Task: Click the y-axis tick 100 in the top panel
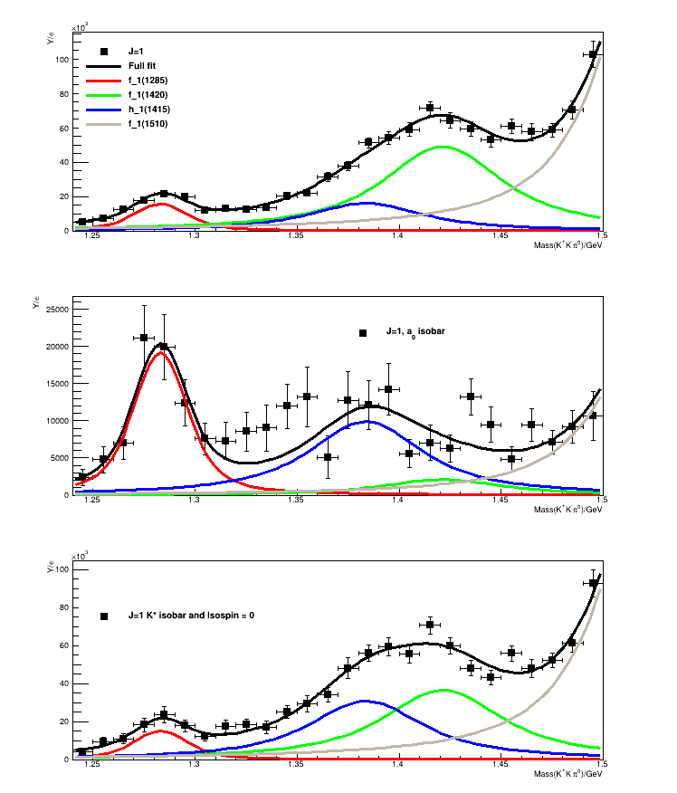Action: tap(61, 60)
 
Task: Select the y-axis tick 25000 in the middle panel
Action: tap(56, 310)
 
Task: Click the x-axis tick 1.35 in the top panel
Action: tap(295, 237)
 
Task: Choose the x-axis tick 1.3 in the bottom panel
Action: tap(194, 766)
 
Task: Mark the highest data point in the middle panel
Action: tap(144, 338)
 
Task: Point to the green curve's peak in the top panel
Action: tap(441, 147)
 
